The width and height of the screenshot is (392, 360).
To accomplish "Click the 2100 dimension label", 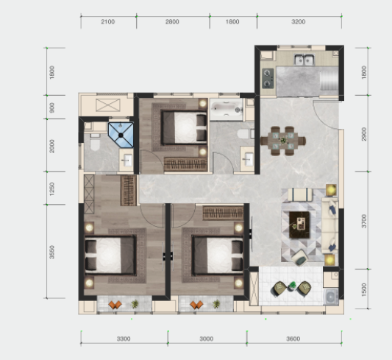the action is click(108, 22).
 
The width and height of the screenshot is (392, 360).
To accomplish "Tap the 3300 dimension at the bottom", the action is click(124, 339).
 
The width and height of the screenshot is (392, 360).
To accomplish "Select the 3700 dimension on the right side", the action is click(364, 221).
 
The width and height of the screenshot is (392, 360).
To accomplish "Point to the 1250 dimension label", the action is click(51, 189).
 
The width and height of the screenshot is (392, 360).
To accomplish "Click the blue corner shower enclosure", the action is click(121, 135).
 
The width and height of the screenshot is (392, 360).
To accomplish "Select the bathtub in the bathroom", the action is click(227, 110).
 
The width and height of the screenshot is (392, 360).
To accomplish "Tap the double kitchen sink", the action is click(304, 60).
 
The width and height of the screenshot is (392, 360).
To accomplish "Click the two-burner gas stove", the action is click(268, 78).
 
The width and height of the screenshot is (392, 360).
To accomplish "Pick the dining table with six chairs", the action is click(283, 141).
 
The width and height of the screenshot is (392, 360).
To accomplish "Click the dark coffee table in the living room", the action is click(299, 225).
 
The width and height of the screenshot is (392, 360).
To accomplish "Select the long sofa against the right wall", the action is click(329, 225).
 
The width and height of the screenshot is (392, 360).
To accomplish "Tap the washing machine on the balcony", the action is click(331, 297).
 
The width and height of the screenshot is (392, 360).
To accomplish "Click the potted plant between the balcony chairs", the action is click(292, 286).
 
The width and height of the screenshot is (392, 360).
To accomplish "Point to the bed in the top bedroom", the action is click(185, 127).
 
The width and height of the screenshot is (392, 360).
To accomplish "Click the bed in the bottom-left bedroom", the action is click(110, 255).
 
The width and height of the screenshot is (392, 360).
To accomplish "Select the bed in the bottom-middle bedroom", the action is click(218, 255).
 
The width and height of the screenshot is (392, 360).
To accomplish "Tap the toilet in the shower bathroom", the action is click(95, 143).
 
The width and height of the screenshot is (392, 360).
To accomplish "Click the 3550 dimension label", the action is click(51, 253).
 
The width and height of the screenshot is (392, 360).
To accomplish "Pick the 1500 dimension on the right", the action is click(364, 290).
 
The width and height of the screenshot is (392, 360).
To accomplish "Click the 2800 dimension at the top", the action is click(172, 22).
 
